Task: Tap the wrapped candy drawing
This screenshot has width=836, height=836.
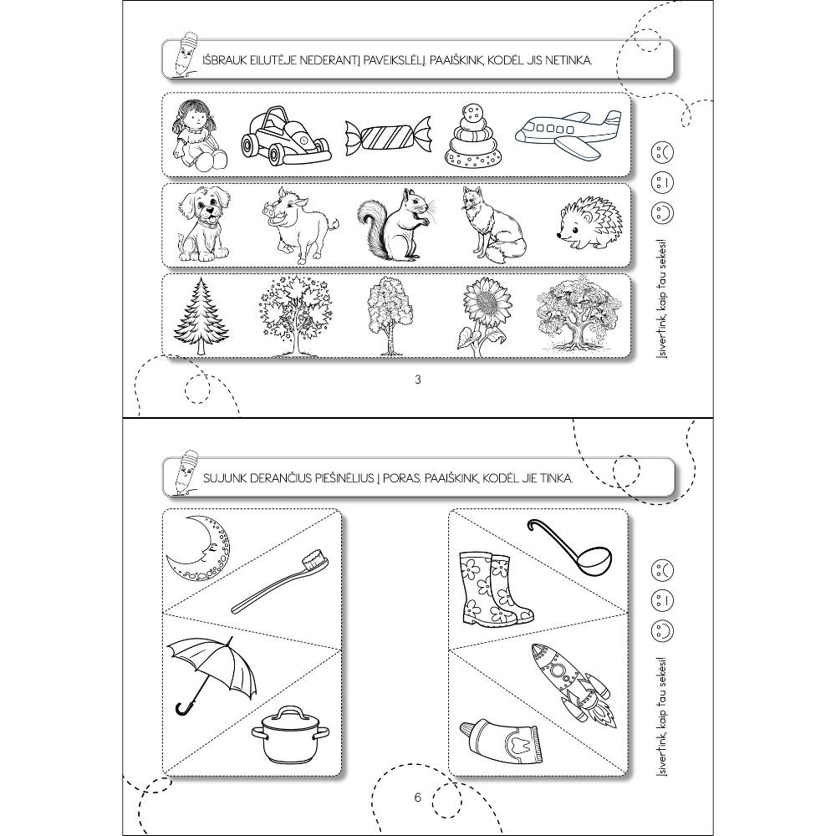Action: (388, 138)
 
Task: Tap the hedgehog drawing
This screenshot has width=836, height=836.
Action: (584, 223)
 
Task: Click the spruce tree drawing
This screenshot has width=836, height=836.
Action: (201, 316)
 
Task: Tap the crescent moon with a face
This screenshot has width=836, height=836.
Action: (201, 550)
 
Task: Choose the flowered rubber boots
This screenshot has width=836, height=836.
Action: (495, 589)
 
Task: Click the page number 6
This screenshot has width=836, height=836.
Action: (417, 797)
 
